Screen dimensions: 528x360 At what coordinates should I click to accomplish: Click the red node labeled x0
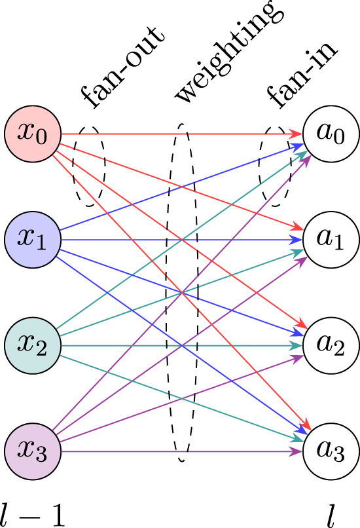[x=33, y=134]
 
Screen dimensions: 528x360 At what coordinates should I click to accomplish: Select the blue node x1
[x=33, y=239]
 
